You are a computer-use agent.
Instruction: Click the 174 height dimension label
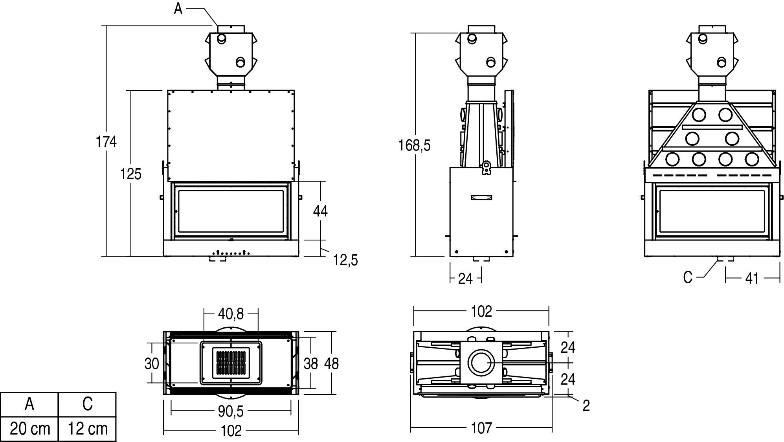coord(106,141)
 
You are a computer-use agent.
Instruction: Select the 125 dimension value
coord(130,174)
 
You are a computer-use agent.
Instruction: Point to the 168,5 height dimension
coord(414,145)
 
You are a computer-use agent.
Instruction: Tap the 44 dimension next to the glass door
coord(320,211)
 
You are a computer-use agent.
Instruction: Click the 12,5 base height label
coord(346,260)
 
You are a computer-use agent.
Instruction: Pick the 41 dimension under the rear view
coord(752,278)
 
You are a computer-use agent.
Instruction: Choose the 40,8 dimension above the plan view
coord(231,314)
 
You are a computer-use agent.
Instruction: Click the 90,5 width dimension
coord(231,411)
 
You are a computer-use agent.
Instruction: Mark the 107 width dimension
coord(481,427)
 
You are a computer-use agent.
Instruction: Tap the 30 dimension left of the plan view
coord(152,363)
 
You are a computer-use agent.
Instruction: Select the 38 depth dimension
coord(310,363)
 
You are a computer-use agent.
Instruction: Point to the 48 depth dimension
coord(331,363)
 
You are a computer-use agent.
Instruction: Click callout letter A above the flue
coord(178,9)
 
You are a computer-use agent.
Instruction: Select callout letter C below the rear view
coord(687,277)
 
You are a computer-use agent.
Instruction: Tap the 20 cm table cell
coord(30,429)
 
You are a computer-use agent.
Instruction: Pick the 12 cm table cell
coord(87,429)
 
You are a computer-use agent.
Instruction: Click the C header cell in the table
coord(87,404)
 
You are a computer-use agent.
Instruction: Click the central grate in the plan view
coord(231,363)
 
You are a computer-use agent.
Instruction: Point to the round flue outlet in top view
coord(481,362)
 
